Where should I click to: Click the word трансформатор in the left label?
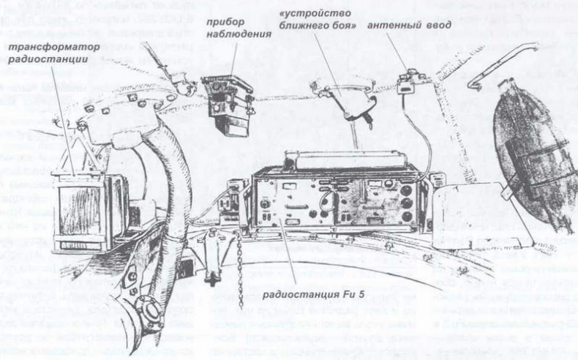point(48,48)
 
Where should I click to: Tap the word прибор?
point(228,22)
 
